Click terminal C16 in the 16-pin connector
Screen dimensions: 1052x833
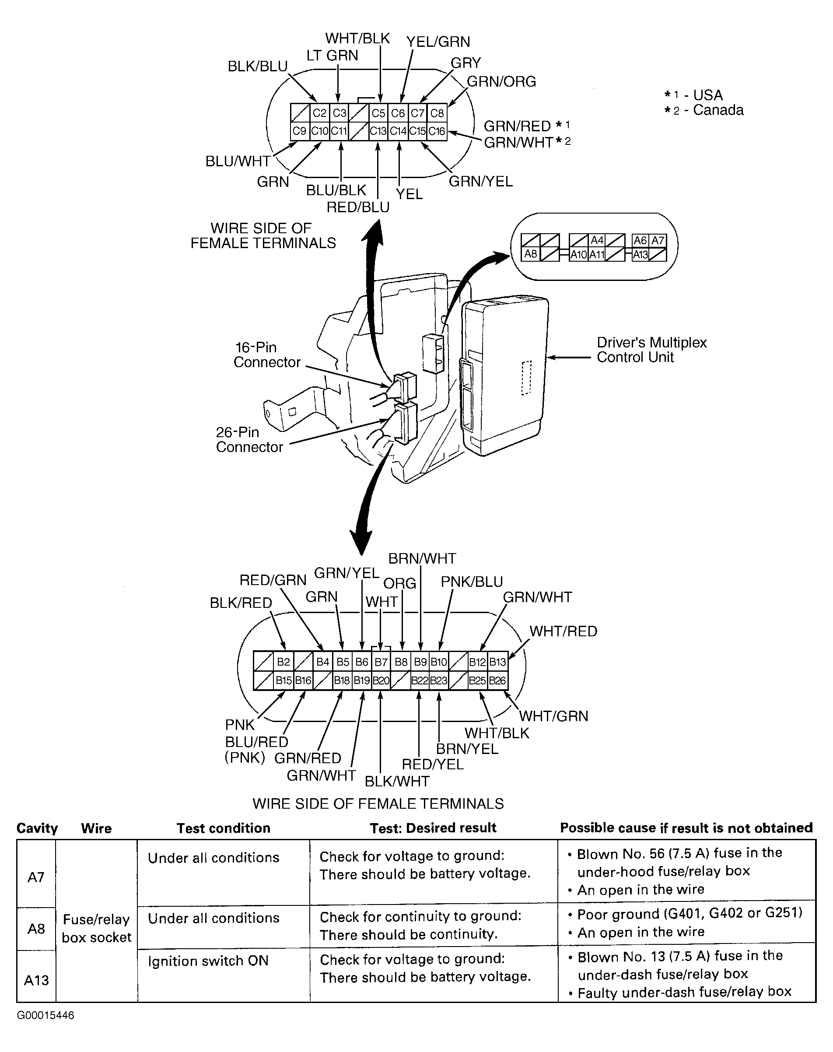pos(437,131)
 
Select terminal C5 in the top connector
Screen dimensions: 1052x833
pos(378,113)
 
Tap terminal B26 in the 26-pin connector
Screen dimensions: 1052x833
pos(497,680)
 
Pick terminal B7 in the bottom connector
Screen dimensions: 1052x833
pos(381,662)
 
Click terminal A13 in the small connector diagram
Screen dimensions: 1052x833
pos(640,254)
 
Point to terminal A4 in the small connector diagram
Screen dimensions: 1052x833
pos(597,240)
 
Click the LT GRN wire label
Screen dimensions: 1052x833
pos(332,56)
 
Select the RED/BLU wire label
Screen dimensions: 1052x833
pos(358,207)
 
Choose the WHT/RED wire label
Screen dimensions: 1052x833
pos(563,631)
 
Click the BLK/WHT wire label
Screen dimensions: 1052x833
pos(397,781)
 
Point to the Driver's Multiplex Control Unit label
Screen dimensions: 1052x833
pos(651,350)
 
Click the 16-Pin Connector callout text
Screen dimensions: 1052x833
pos(267,354)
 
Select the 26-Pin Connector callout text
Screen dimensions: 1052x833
pos(249,439)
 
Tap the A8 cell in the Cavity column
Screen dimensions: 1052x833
pos(36,928)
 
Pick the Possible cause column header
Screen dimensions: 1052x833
pos(686,828)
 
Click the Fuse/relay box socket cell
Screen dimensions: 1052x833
pos(97,928)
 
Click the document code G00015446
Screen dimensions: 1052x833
pos(45,1015)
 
